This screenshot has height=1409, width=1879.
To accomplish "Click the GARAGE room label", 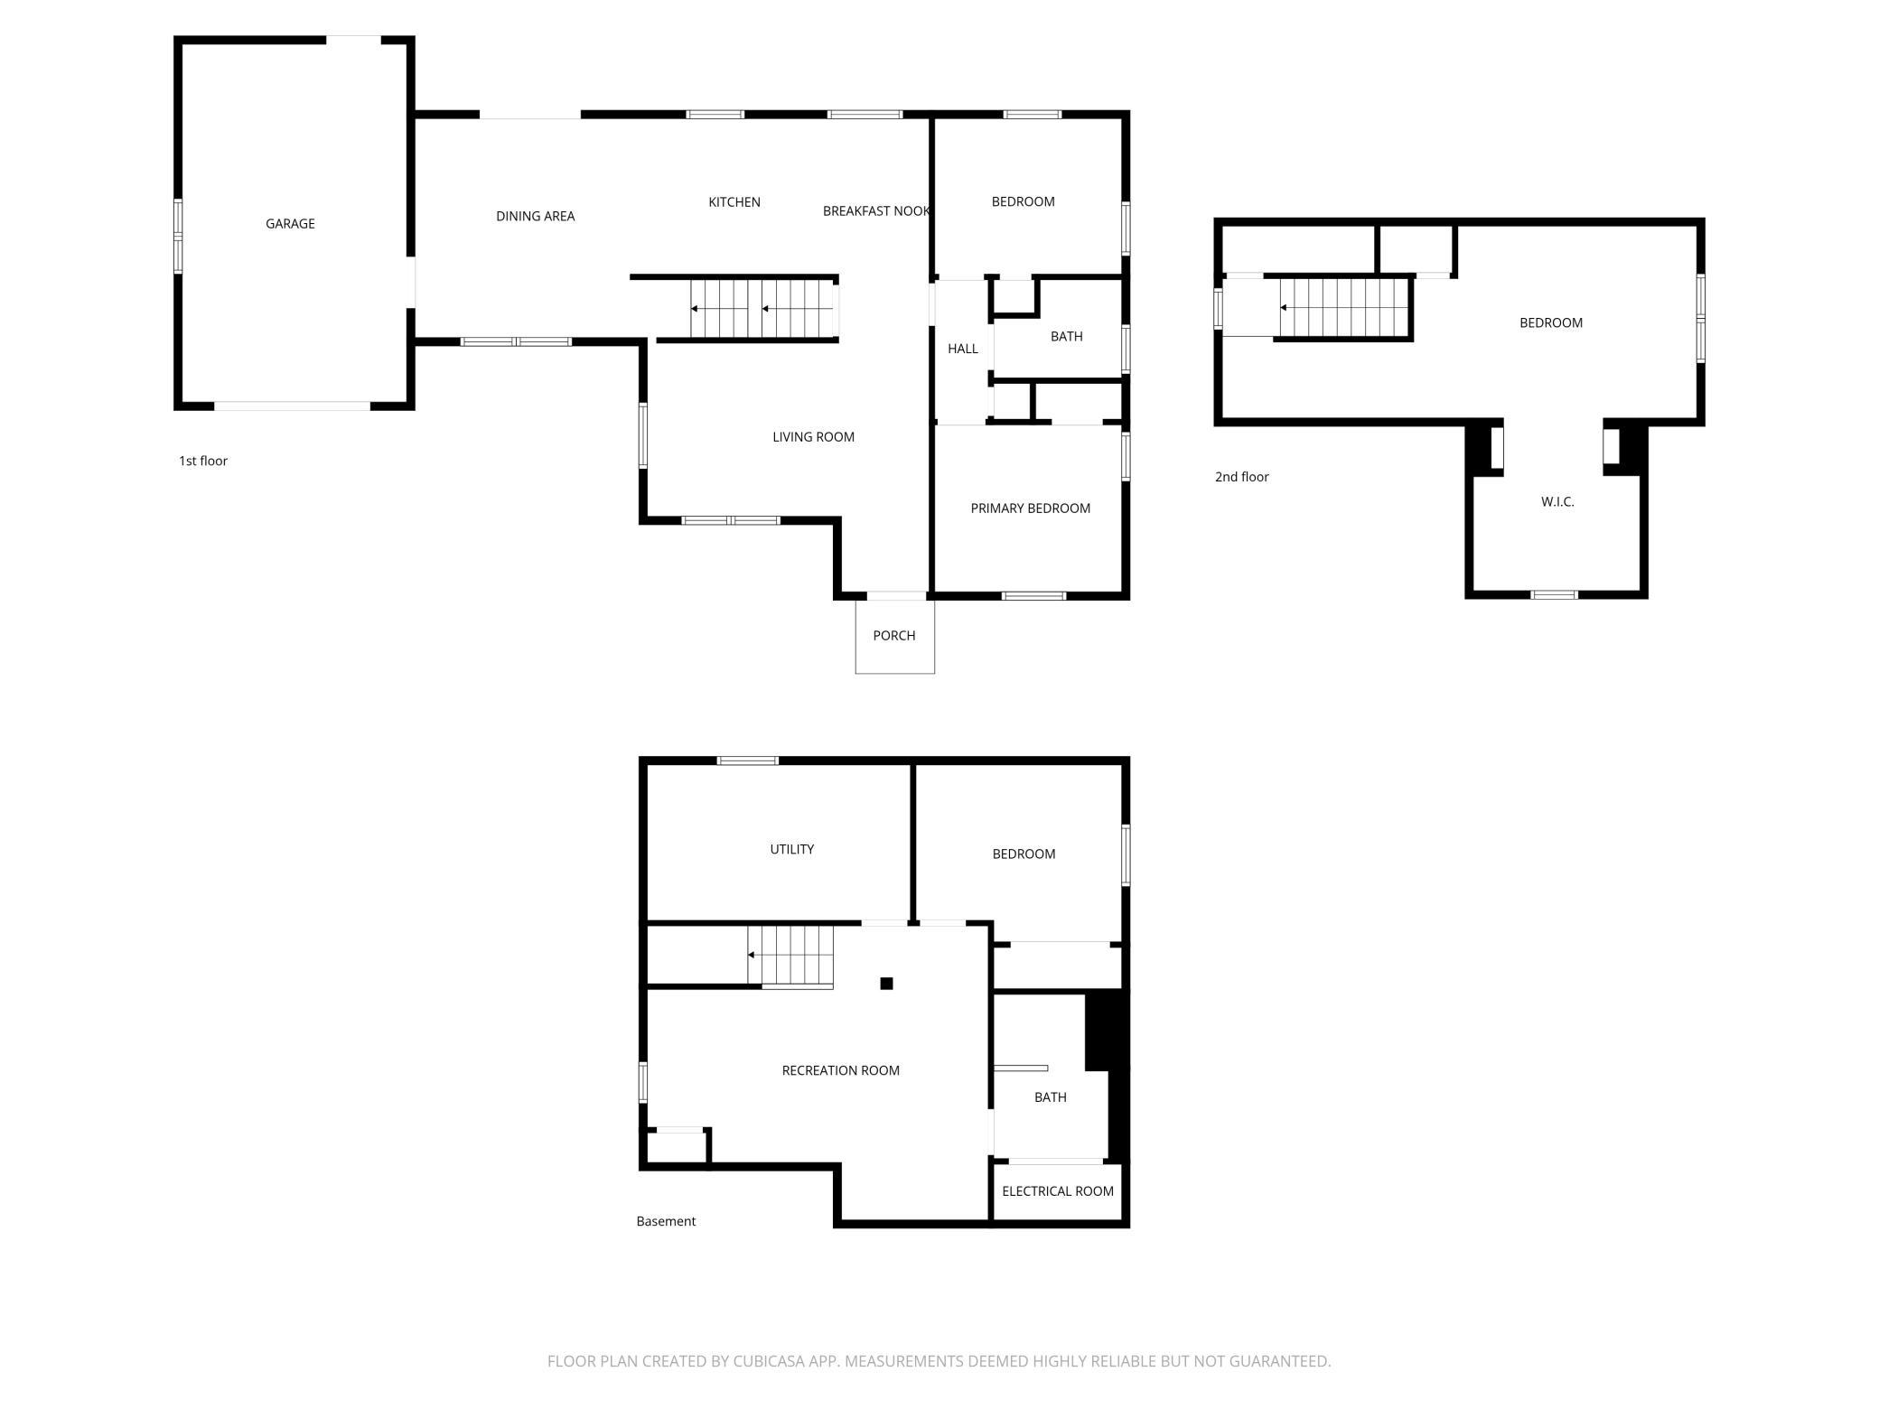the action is click(x=290, y=224).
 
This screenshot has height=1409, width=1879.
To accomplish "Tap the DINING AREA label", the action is click(x=536, y=216).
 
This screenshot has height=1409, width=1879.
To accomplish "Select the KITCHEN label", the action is click(x=734, y=202).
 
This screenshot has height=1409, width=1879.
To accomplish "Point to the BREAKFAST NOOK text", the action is click(x=876, y=211).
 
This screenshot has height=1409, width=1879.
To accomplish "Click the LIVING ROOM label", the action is click(x=813, y=437).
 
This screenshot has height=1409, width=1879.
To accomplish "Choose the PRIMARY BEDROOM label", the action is click(x=1031, y=509).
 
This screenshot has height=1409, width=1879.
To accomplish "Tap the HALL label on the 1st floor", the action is click(x=963, y=349).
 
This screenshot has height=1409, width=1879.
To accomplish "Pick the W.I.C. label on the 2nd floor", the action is click(x=1557, y=502).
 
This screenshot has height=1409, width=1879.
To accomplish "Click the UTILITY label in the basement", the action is click(x=792, y=849).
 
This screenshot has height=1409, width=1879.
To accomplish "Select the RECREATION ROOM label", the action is click(x=841, y=1070).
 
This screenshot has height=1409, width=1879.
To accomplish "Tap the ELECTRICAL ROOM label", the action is click(x=1058, y=1191).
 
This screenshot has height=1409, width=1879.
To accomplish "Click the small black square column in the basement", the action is click(x=887, y=984).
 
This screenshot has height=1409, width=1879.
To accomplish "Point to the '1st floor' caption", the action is click(x=203, y=461).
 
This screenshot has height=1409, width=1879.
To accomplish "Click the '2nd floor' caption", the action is click(x=1242, y=477).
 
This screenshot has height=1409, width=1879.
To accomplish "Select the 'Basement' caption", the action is click(x=666, y=1221).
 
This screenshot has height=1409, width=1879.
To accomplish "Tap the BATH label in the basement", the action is click(x=1051, y=1097).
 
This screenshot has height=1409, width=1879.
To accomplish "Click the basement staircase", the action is click(x=790, y=956).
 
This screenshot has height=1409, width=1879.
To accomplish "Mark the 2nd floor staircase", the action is click(x=1345, y=308).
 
